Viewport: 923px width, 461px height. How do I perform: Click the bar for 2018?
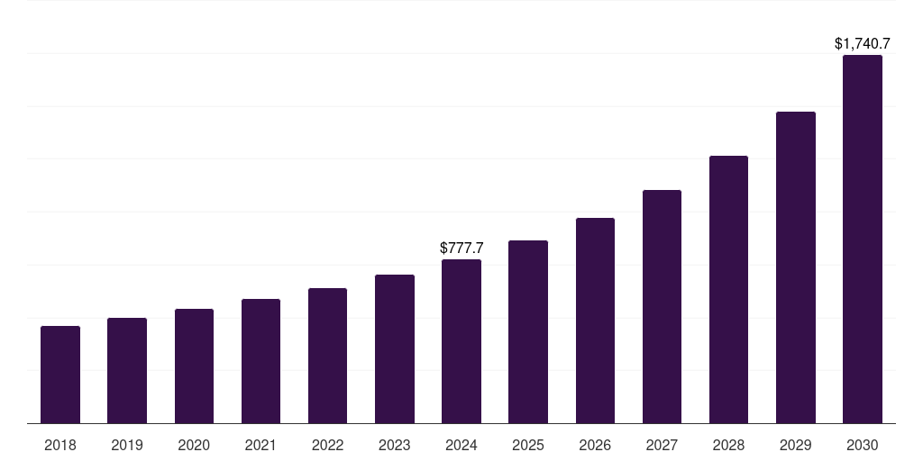coord(60,375)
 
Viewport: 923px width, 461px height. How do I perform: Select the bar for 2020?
coord(194,366)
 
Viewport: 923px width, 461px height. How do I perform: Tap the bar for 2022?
coord(327,356)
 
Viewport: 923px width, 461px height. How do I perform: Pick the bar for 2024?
coord(461,341)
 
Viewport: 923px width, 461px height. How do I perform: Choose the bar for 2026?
coord(595,321)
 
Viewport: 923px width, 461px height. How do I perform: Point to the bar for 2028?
coord(728,289)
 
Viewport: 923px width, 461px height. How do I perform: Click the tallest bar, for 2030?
coord(862,239)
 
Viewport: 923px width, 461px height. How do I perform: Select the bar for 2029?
coord(795,267)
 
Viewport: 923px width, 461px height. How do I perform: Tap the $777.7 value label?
coord(461,248)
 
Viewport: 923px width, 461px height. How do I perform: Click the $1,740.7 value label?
coord(862,43)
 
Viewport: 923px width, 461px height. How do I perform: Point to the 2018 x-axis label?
coord(60,445)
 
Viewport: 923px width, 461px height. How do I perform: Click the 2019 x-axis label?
coord(127,445)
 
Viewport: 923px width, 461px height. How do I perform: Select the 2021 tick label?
coord(260,445)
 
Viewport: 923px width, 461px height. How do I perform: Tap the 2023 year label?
coord(394,445)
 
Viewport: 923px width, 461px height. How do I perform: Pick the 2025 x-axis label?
coord(528,445)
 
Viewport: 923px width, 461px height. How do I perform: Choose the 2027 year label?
coord(662,445)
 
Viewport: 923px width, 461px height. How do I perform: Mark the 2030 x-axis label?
coord(862,445)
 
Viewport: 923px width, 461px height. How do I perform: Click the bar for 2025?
coord(528,331)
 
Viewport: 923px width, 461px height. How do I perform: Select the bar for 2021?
coord(260,361)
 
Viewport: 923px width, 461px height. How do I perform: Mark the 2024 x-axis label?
coord(461,445)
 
